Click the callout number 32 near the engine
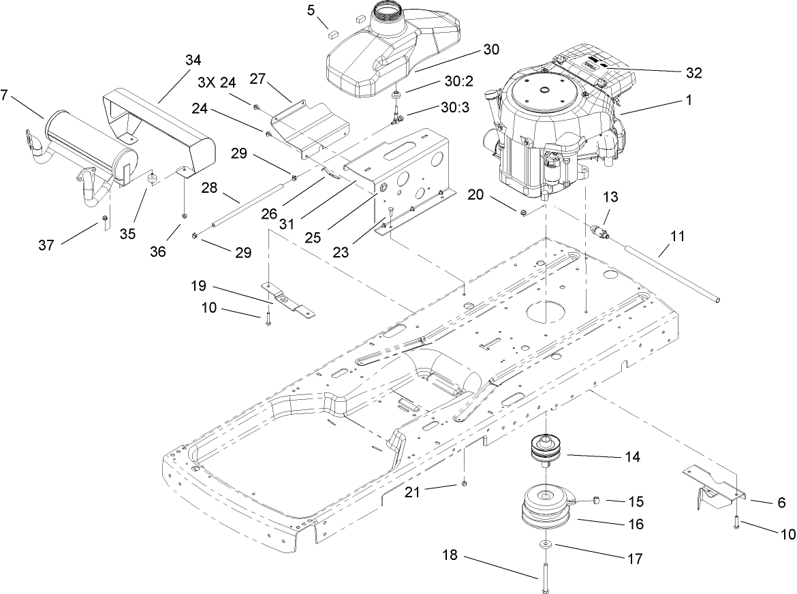coord(693,72)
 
